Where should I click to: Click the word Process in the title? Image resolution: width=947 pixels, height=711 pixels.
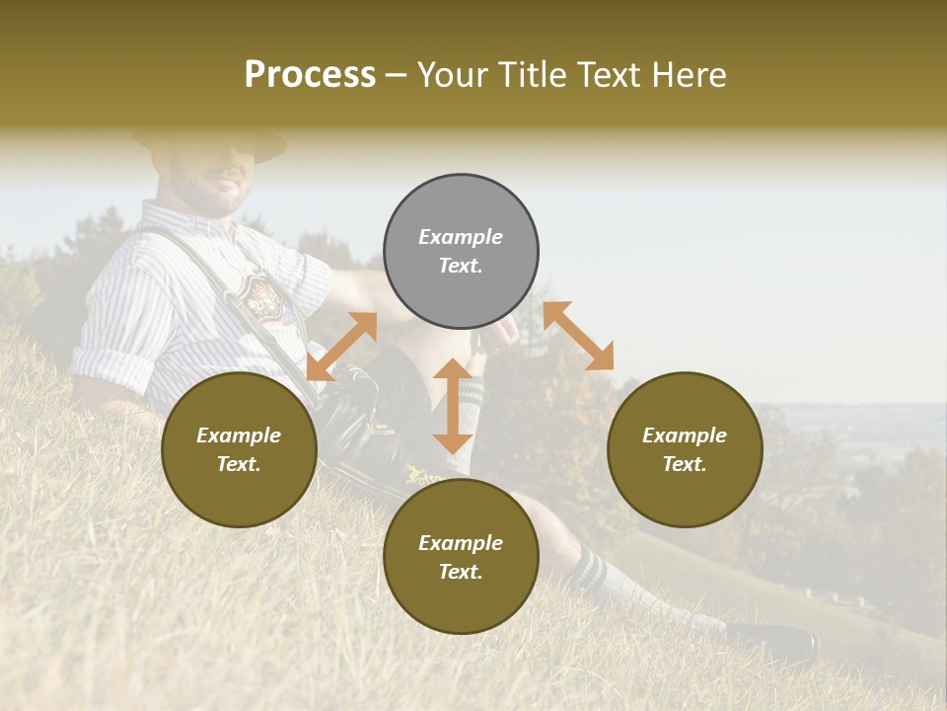(x=310, y=75)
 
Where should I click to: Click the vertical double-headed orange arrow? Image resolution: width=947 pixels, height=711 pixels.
(x=453, y=406)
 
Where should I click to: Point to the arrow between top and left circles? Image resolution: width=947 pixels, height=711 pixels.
(x=341, y=347)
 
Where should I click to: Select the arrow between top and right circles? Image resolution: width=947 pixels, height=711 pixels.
(x=578, y=336)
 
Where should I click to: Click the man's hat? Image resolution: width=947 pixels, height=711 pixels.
(x=212, y=140)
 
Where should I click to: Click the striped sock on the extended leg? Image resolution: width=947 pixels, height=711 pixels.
(x=602, y=578)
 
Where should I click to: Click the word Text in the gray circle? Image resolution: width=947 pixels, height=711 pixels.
(x=461, y=266)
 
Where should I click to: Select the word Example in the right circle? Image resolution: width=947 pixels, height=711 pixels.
(x=685, y=435)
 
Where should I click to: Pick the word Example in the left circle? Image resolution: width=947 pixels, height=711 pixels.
(x=239, y=435)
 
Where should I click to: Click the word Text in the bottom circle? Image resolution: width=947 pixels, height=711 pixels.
(x=461, y=572)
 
